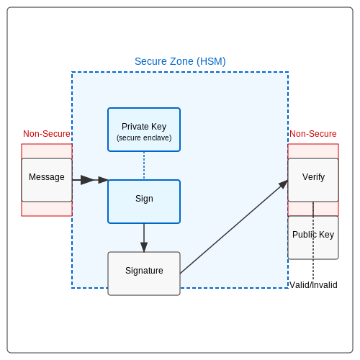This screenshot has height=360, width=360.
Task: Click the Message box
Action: (47, 180)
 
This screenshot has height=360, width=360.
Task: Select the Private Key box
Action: (144, 130)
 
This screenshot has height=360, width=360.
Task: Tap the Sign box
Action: (144, 202)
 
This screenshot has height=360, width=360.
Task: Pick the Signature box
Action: (144, 274)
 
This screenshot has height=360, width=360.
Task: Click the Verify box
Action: (313, 180)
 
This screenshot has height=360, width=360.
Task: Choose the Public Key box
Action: (313, 238)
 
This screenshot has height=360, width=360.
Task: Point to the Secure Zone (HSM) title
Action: (180, 61)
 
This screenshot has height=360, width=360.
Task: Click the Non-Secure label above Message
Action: (47, 134)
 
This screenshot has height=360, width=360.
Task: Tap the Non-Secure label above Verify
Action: (313, 134)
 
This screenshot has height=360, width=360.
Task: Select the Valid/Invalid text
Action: (313, 285)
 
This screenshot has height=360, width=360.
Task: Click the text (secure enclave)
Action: (144, 138)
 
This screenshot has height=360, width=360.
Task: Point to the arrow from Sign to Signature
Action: (144, 238)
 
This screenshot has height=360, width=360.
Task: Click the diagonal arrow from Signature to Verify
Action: (234, 227)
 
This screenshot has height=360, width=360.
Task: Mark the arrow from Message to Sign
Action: (90, 180)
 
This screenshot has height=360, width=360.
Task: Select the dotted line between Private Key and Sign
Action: (144, 166)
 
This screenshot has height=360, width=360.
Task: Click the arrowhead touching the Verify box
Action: (284, 184)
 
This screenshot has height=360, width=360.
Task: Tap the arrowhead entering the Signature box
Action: (144, 247)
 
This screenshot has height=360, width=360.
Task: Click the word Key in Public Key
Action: (326, 235)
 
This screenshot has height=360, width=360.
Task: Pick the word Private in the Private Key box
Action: (135, 127)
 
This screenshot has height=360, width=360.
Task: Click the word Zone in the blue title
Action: (181, 61)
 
